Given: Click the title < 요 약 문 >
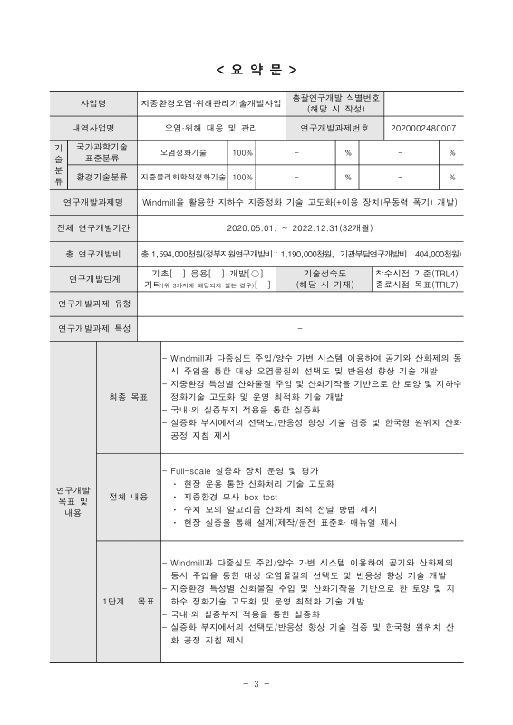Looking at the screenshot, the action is click(256, 70).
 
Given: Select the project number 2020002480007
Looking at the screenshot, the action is click(423, 128).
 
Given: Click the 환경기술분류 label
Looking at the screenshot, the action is click(102, 177).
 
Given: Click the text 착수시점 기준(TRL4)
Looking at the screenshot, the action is click(416, 272).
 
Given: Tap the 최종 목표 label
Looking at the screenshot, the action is click(128, 397).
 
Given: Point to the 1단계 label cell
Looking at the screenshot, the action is click(113, 600).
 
